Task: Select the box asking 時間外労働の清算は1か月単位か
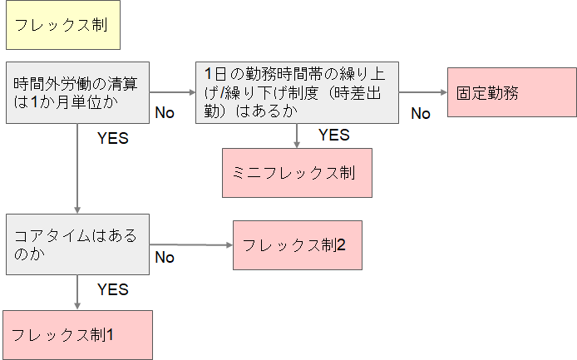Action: click(77, 92)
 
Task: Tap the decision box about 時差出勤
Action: click(297, 92)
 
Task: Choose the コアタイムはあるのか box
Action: click(77, 244)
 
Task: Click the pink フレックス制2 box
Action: click(298, 244)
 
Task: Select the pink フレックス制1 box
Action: click(77, 334)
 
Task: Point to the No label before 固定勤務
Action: click(421, 113)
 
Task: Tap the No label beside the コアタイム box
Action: click(165, 257)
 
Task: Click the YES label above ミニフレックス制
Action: click(334, 135)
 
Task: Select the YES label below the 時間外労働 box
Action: click(113, 138)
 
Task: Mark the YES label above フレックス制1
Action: click(113, 289)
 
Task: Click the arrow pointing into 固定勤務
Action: click(423, 91)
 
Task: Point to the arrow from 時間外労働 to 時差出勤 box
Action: click(172, 91)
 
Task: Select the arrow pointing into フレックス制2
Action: click(191, 244)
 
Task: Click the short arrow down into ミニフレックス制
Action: click(297, 136)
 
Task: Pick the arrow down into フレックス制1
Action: click(77, 292)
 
